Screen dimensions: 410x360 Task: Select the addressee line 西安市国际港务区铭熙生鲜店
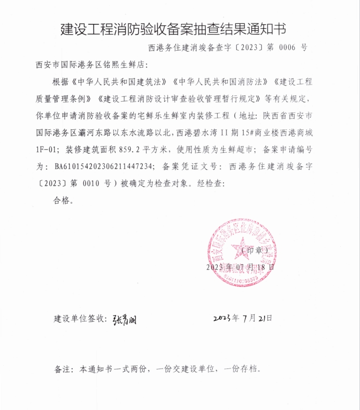pyautogui.click(x=93, y=64)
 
